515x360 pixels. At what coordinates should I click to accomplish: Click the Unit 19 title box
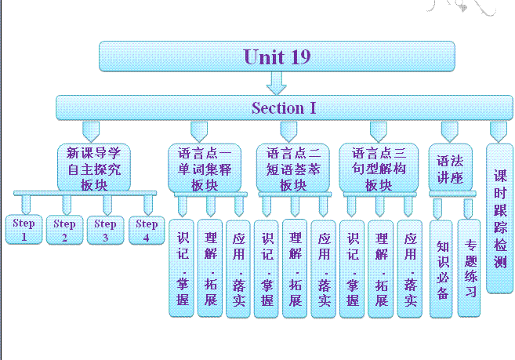click(277, 56)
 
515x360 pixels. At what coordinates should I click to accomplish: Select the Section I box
click(284, 107)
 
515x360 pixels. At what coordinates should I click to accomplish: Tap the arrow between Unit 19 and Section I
click(277, 82)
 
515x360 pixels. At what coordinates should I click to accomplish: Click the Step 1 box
click(24, 228)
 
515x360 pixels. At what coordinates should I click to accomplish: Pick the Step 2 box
click(64, 228)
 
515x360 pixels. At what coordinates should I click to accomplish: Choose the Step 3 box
click(105, 228)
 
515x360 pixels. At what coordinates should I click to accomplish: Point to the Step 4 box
click(146, 228)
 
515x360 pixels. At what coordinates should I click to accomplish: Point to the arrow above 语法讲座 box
click(450, 130)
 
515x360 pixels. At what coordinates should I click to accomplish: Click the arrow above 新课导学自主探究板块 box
click(92, 130)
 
